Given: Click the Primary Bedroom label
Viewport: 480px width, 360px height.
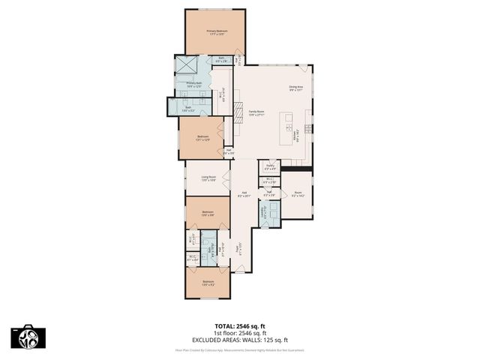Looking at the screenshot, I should [x=217, y=31].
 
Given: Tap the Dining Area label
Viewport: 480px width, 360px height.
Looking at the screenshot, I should [x=296, y=88].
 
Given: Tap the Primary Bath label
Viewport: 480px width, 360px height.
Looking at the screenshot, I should [x=194, y=84].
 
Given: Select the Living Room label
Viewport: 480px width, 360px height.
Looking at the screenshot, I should [x=208, y=178].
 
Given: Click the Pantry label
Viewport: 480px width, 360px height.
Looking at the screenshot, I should [x=270, y=168].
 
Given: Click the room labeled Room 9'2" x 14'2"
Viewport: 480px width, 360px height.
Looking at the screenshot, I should [x=298, y=194].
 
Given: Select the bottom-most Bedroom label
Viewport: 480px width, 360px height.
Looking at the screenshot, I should [x=208, y=283].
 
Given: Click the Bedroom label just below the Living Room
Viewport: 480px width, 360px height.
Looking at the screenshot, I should [x=208, y=213].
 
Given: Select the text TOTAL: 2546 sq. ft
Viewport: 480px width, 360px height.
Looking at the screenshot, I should [x=240, y=326].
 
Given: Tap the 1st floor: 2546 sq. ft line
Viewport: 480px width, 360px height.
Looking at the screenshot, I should [x=240, y=332].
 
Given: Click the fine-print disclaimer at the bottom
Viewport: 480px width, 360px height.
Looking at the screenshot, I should [x=240, y=349].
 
